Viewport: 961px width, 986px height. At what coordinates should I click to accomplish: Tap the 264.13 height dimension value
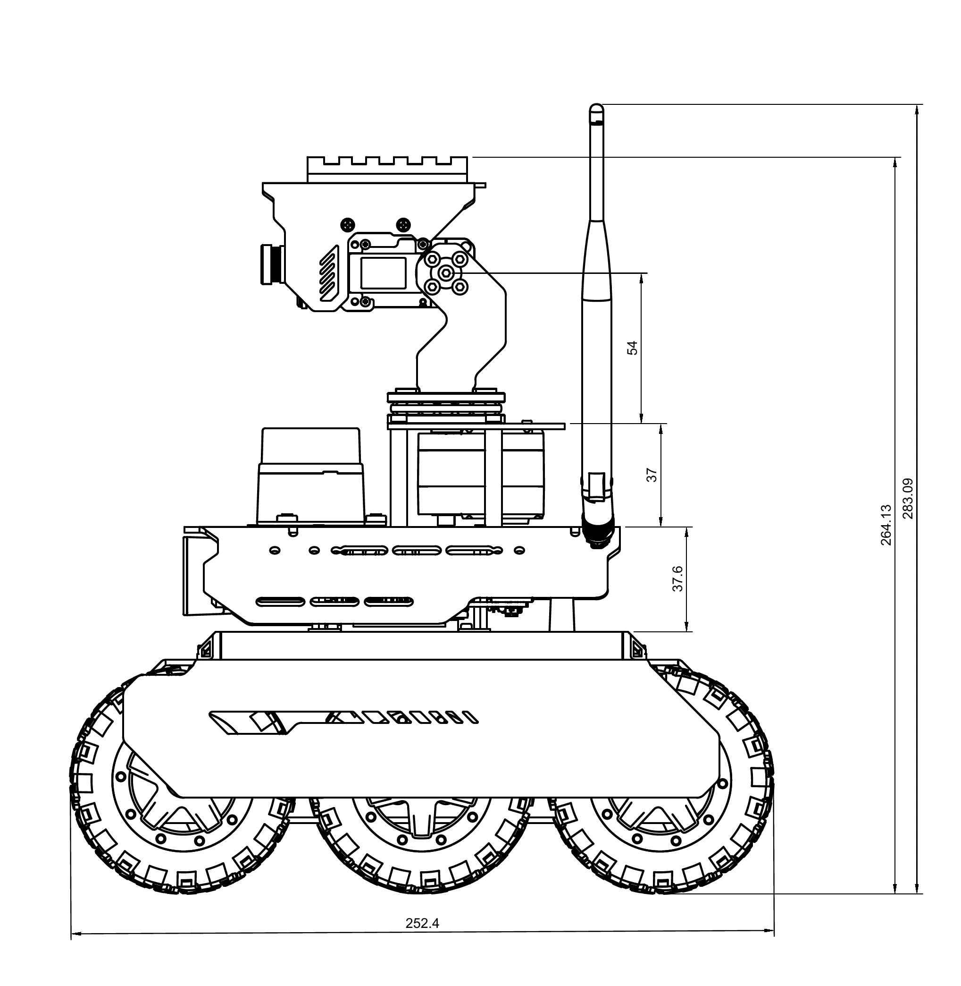pyautogui.click(x=886, y=525)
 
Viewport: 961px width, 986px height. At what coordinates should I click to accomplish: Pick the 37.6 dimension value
pyautogui.click(x=678, y=579)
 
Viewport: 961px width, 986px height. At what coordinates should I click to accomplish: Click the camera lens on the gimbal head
pyautogui.click(x=272, y=263)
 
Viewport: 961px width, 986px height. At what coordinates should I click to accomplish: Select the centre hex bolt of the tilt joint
pyautogui.click(x=445, y=273)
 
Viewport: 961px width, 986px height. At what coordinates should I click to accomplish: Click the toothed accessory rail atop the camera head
pyautogui.click(x=388, y=169)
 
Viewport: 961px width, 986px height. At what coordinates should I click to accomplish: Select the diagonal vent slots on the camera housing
pyautogui.click(x=328, y=273)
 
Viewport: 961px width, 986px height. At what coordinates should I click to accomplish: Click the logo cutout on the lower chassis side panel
pyautogui.click(x=343, y=722)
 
